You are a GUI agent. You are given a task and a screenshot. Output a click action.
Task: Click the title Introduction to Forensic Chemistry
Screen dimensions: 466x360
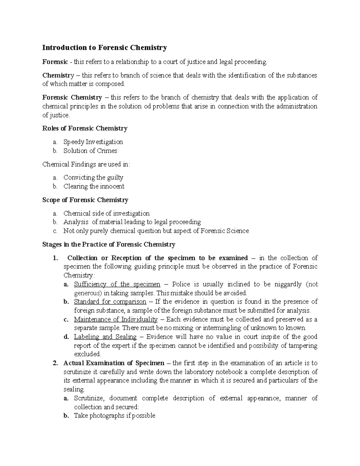tap(104, 47)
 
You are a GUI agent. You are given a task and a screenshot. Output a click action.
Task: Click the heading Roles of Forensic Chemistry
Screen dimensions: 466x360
tap(85, 128)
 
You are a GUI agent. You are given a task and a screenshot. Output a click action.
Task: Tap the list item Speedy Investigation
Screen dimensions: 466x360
tap(93, 142)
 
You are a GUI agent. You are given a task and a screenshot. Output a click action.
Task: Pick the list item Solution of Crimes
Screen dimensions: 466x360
tap(90, 151)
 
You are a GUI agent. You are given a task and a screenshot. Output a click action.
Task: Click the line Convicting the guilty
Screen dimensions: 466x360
tap(93, 177)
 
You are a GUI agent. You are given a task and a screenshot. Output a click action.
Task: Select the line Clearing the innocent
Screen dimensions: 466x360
tap(94, 186)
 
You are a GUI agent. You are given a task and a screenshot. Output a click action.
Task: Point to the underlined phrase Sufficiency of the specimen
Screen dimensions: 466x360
tap(117, 284)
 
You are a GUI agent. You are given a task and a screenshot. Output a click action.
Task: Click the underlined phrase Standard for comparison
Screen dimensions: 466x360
tap(110, 302)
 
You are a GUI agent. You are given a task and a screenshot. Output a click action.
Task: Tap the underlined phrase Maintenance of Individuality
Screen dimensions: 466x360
tap(116, 319)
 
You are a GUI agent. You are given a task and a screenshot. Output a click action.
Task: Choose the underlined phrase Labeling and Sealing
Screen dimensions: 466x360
tap(105, 337)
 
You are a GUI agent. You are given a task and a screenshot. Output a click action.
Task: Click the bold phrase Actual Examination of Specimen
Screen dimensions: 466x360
tap(114, 363)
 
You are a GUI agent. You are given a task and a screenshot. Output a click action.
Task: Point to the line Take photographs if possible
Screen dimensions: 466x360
tap(114, 416)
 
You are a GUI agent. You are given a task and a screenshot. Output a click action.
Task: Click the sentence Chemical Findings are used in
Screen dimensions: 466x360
tap(86, 164)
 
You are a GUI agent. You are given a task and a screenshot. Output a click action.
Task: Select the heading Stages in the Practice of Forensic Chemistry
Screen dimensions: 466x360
tap(109, 244)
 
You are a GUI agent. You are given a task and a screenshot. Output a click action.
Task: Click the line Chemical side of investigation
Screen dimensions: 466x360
tap(106, 213)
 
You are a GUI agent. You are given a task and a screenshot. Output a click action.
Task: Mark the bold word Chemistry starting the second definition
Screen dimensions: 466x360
tap(58, 75)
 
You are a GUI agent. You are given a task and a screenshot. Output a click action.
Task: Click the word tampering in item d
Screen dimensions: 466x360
tap(303, 345)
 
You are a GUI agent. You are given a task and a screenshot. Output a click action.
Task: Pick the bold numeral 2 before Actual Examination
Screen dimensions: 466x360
tap(55, 363)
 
